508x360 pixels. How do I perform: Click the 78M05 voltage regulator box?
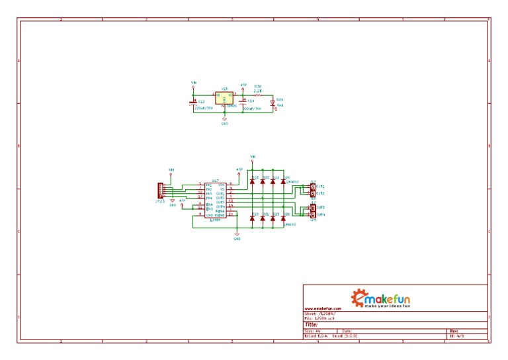[224, 99]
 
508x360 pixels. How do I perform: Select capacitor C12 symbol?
[193, 101]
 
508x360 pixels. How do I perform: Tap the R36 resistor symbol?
[257, 95]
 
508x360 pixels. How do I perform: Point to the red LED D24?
[273, 103]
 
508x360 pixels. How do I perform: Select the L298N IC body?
[216, 201]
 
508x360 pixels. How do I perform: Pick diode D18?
[253, 181]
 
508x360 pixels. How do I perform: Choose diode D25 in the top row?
[284, 181]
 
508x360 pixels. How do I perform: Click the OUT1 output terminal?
[313, 187]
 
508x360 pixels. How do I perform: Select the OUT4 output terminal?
[313, 215]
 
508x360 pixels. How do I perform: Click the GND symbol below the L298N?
[237, 236]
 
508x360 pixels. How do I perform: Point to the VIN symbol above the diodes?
[252, 157]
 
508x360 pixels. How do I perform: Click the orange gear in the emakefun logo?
[359, 297]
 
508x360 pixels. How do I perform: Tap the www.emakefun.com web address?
[323, 309]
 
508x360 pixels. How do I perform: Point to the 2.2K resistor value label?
[257, 90]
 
